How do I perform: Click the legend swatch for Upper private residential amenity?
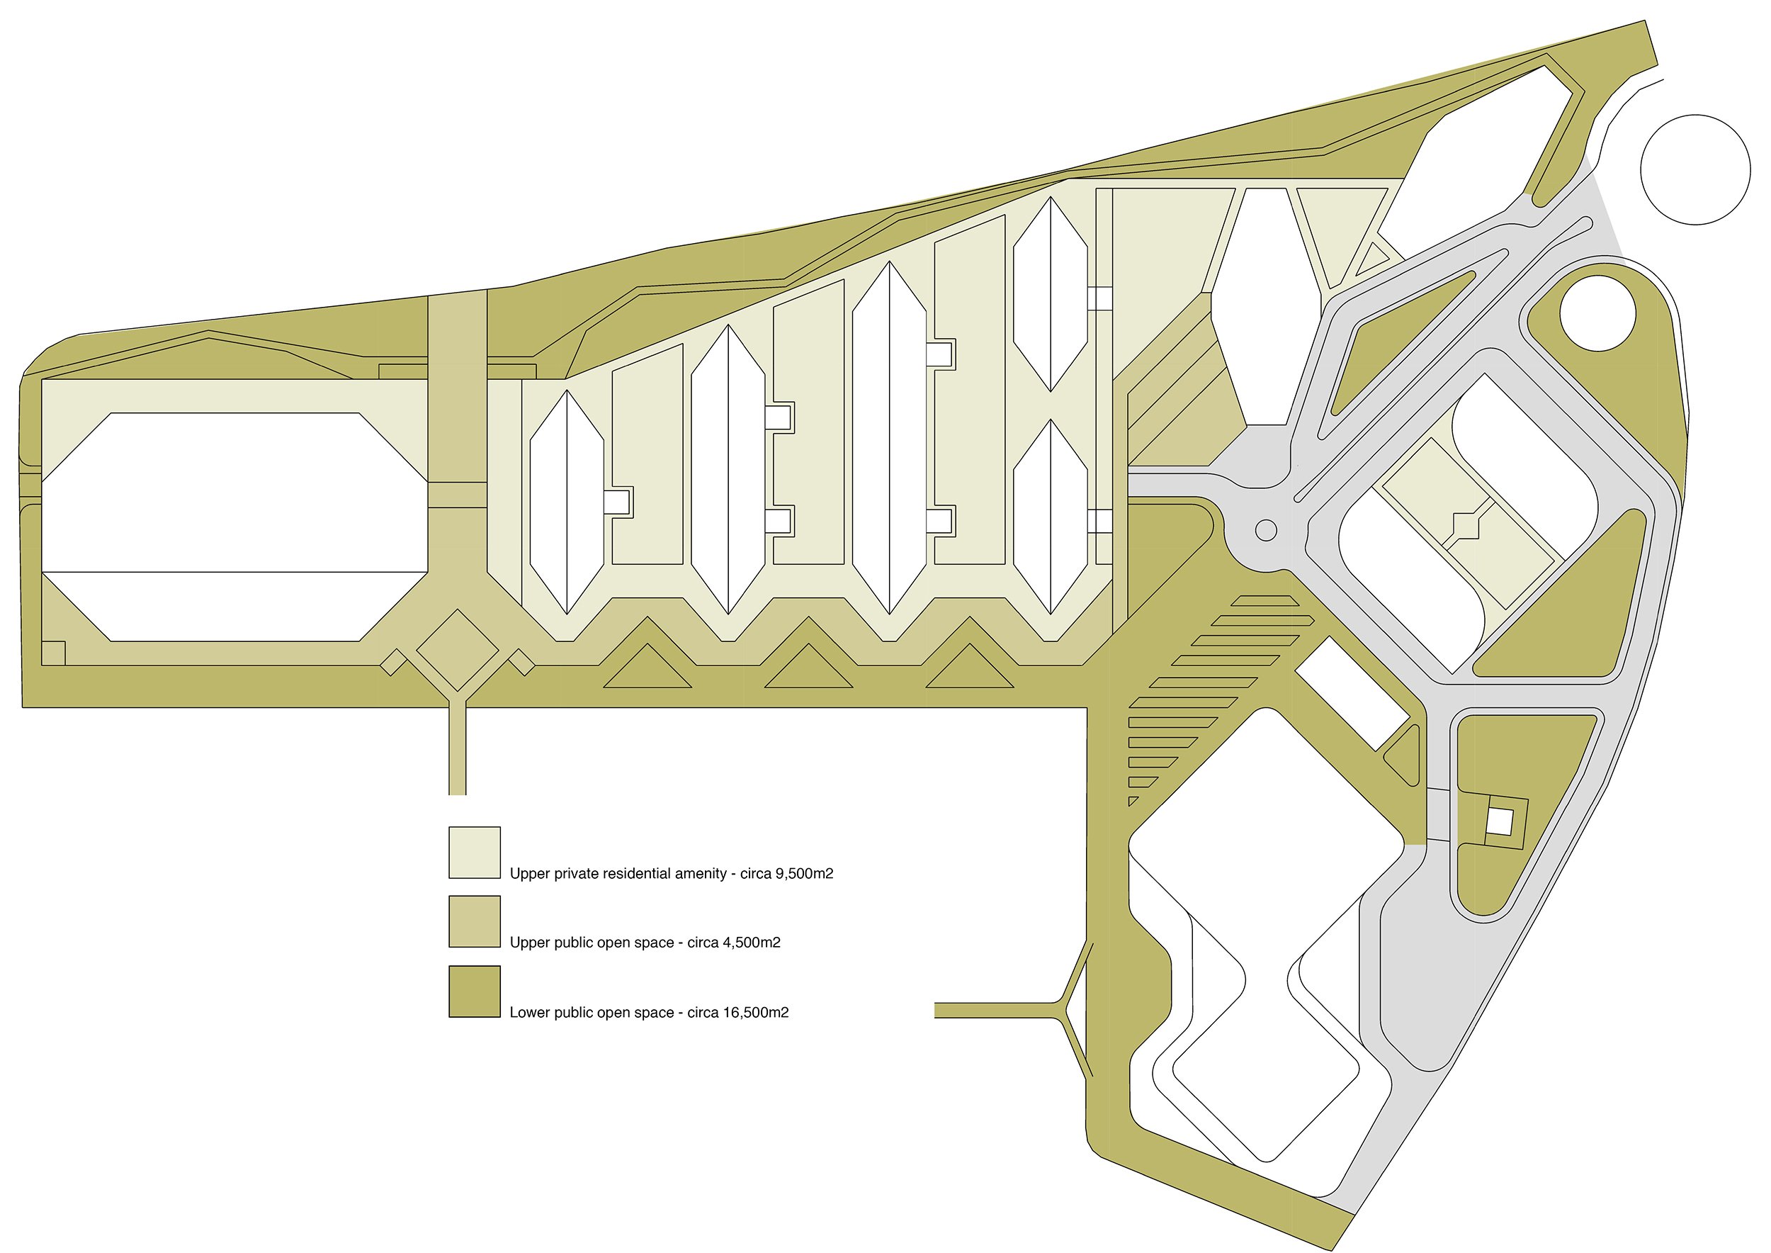click(475, 852)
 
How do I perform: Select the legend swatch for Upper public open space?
click(475, 921)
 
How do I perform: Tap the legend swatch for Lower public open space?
click(475, 991)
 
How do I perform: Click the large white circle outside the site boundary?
click(1694, 170)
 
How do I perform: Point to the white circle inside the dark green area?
click(1597, 313)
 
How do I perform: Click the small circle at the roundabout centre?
click(1266, 530)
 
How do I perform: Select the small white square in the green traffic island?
click(1499, 821)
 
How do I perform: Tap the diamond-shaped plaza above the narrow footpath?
click(458, 650)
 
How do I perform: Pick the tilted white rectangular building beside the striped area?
click(1352, 694)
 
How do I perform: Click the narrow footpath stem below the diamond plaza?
click(458, 748)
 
